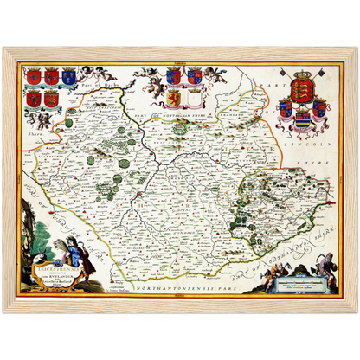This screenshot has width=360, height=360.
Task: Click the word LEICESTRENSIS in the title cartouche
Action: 58,247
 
